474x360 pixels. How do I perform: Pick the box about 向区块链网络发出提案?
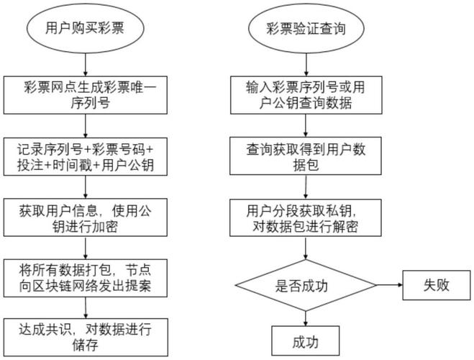click(86, 278)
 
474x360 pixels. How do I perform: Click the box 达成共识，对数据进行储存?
click(86, 336)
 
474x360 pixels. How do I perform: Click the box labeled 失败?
click(437, 285)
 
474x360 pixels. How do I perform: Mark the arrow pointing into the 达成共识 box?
click(86, 307)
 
